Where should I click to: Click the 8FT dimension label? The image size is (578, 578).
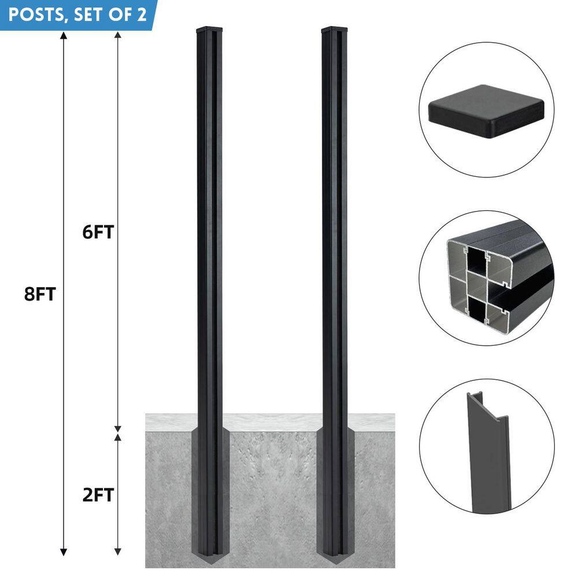pos(39,294)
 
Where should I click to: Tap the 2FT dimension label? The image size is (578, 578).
pos(98,495)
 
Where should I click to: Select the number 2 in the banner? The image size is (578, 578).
pos(142,14)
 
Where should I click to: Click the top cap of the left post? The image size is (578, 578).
pos(210,29)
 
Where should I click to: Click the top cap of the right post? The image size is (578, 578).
pos(335,29)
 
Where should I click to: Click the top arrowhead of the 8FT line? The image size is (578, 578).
pos(63,35)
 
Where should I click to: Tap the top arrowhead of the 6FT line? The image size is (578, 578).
pos(118,35)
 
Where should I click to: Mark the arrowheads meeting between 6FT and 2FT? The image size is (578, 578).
pos(118,431)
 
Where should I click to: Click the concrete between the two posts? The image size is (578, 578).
pos(272,491)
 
